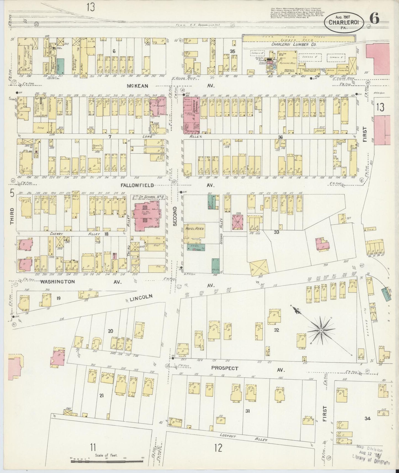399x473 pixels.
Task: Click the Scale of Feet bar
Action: [x=106, y=461]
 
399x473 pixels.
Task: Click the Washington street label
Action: [x=58, y=282]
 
